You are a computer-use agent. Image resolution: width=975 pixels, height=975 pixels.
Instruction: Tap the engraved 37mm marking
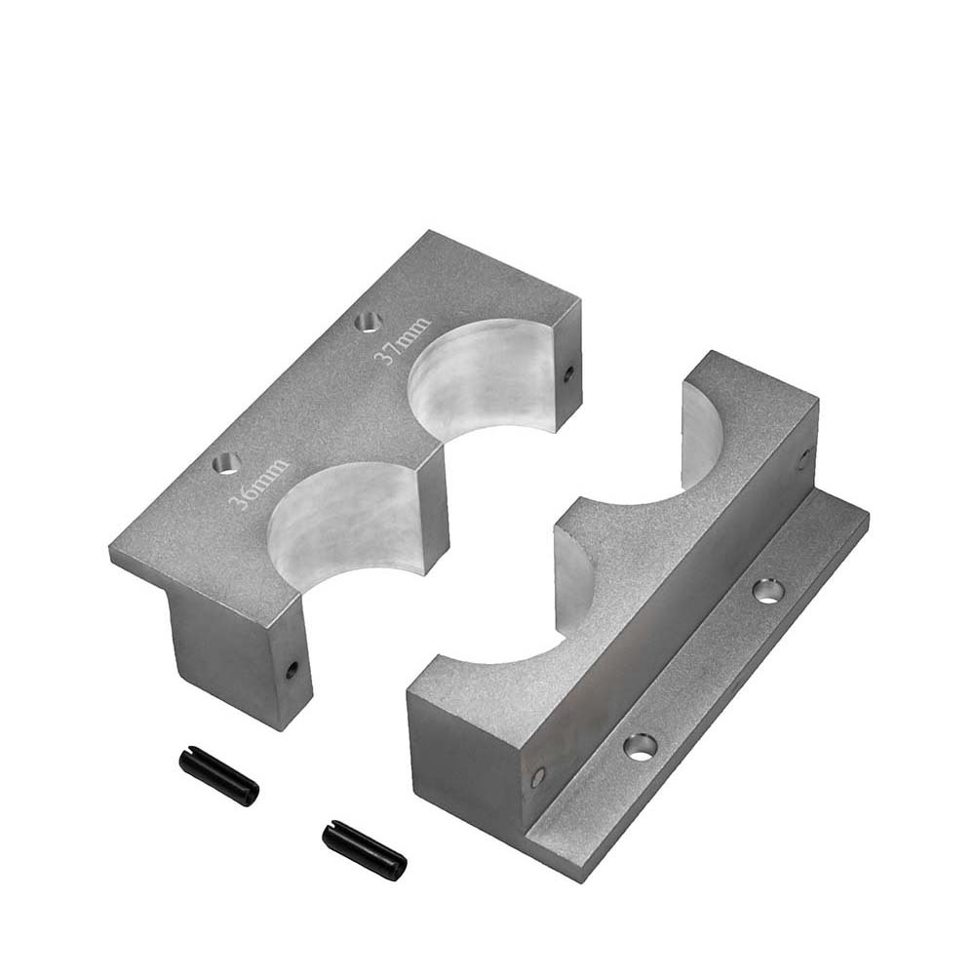(401, 340)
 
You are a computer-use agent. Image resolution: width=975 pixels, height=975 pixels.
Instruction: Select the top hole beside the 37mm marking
(369, 322)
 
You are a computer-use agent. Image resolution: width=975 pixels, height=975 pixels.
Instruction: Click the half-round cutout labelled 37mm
(479, 379)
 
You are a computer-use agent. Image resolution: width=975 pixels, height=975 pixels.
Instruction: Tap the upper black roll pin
(218, 774)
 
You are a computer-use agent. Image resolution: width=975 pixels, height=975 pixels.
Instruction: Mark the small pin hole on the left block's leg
(292, 670)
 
